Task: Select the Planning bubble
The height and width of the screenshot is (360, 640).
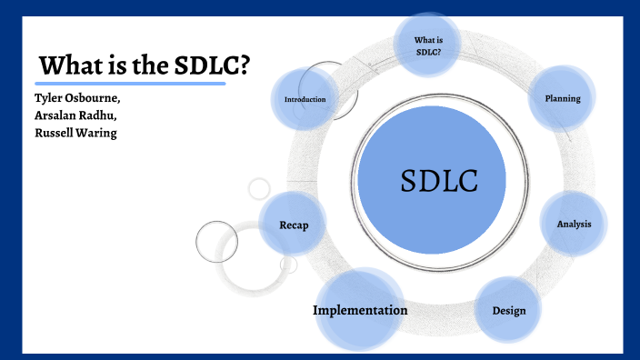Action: pos(562,97)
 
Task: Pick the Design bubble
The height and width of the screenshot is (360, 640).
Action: pos(509,311)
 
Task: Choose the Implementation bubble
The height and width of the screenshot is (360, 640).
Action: pos(360,311)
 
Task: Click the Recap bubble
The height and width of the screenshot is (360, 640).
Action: pos(293,225)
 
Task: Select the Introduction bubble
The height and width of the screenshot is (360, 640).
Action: pos(305,99)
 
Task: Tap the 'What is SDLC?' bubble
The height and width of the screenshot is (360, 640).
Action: pos(427,44)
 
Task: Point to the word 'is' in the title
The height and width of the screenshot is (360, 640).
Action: pos(115,65)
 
